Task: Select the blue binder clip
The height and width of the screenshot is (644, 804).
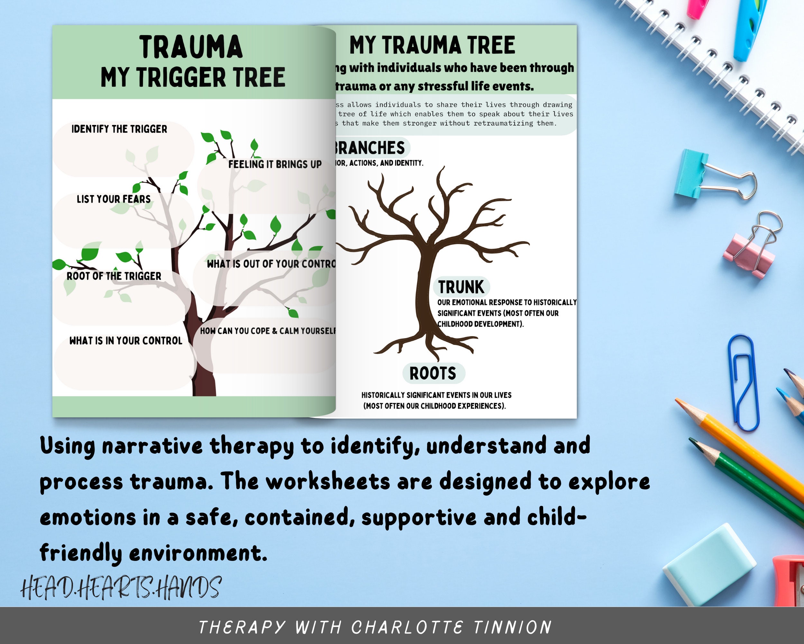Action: [692, 174]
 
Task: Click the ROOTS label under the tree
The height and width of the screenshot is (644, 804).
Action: [433, 373]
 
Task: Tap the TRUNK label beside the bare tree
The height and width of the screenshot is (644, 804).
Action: [461, 287]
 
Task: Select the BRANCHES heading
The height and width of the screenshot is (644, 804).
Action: [369, 148]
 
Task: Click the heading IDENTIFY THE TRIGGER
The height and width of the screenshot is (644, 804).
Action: [119, 129]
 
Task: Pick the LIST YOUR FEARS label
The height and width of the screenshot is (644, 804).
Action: [114, 199]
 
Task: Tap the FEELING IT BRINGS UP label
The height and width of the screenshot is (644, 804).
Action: [275, 164]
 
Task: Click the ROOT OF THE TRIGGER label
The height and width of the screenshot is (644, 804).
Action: [114, 276]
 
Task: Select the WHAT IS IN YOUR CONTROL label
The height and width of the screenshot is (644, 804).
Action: [126, 340]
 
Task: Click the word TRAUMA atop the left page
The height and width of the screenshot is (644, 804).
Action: [191, 47]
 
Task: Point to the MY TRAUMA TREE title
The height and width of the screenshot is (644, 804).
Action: [432, 45]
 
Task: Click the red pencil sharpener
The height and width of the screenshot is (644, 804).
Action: [789, 581]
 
